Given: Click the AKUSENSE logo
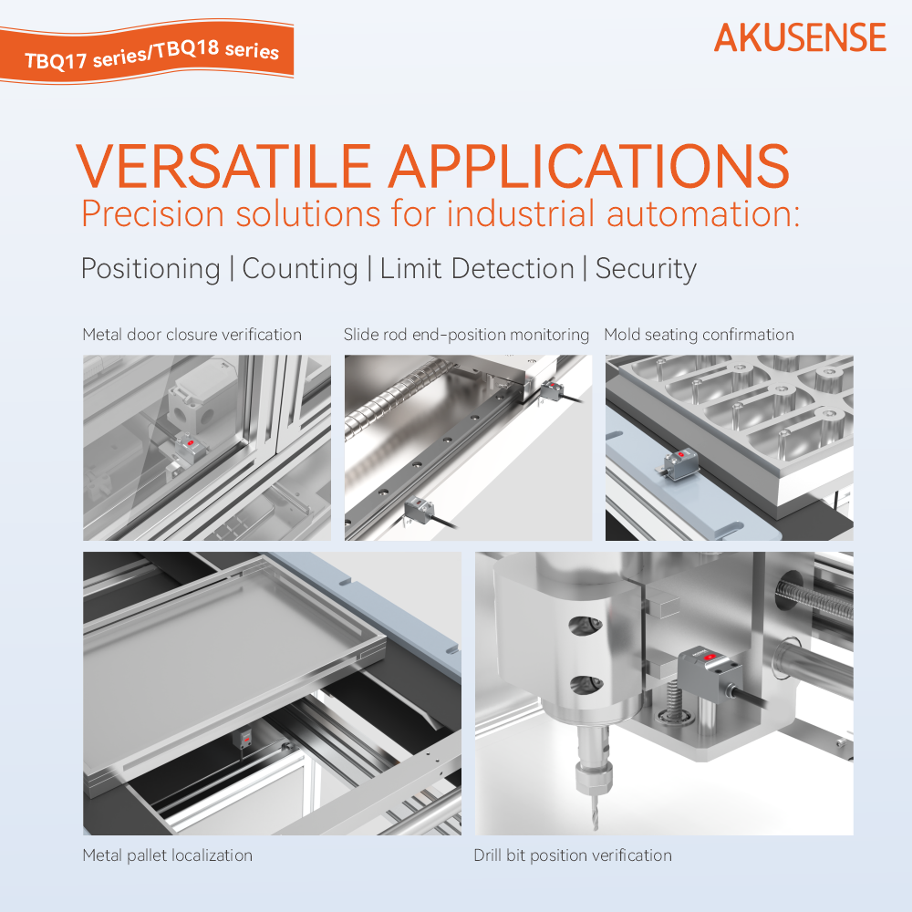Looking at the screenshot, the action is coord(800,37).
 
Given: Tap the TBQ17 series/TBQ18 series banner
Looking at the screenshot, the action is coord(147,52).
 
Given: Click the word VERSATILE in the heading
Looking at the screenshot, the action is coord(223,166).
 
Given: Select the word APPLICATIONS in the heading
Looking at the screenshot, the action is coord(588,166).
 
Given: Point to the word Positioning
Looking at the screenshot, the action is coord(150,269).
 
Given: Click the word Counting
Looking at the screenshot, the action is coord(299,269).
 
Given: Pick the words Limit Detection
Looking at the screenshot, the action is coord(477,269).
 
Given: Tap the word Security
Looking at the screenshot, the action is coord(646,269).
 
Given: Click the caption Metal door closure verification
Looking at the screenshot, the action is coord(192,335).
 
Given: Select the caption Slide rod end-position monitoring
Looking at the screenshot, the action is coord(466,335).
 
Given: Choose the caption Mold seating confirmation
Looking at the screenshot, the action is coord(700,335).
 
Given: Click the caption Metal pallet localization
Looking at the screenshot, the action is coord(168,855).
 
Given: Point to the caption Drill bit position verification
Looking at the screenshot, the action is coord(573,855).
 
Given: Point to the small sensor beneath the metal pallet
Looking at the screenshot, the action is coord(245,741).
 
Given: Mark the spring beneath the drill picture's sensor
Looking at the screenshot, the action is coord(674,697).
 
